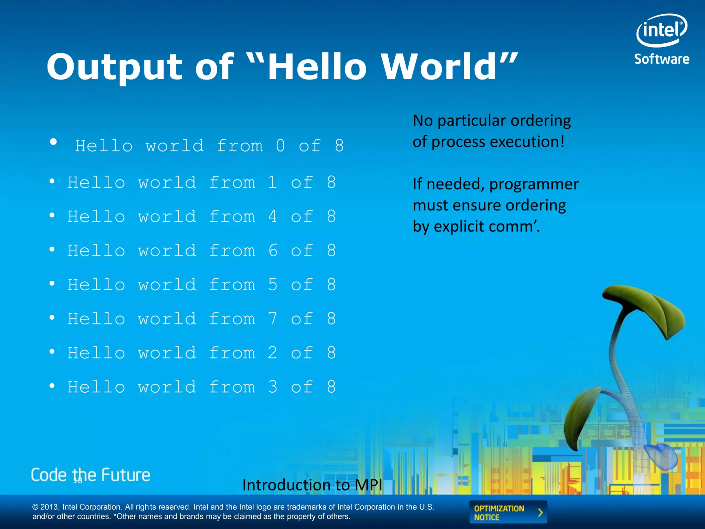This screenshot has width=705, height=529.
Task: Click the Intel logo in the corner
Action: point(662,30)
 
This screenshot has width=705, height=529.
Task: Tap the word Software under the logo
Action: point(662,59)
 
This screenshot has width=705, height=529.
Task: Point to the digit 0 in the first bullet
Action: point(281,146)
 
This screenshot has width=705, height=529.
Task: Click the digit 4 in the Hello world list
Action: point(273,217)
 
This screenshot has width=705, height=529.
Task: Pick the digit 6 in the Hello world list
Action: point(273,251)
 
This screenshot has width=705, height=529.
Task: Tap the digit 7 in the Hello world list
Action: point(273,319)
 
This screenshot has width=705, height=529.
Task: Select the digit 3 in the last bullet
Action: point(273,387)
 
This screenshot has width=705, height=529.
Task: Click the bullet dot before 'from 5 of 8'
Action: point(52,283)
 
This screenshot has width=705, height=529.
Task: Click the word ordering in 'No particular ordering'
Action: point(540,121)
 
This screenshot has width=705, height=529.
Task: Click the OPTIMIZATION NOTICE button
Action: point(508,512)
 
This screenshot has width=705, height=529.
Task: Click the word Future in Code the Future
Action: point(126,475)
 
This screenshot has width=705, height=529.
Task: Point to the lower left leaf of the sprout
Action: point(582,417)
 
